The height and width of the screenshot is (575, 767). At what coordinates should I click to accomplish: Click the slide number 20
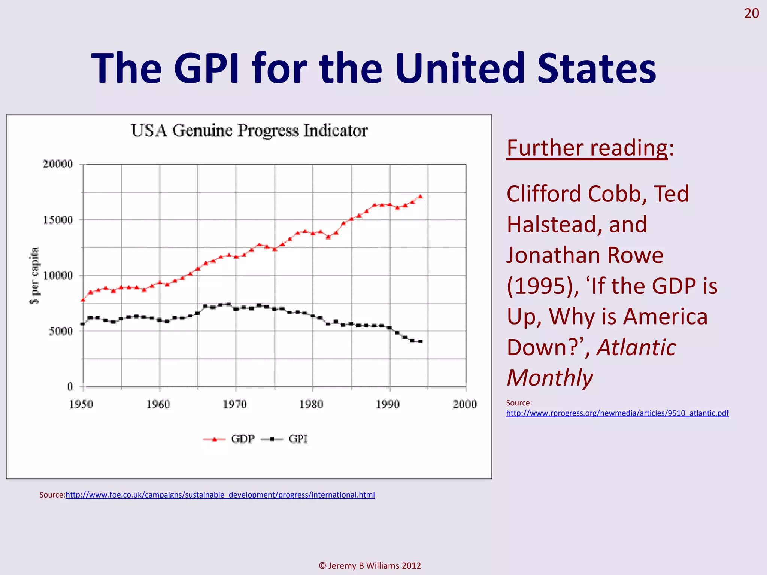coord(751,13)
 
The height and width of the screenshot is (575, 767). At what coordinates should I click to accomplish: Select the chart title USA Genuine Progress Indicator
coord(249,131)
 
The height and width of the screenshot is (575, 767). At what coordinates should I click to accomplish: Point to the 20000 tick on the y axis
coord(58,164)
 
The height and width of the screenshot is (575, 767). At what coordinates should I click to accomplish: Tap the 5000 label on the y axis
coord(61,331)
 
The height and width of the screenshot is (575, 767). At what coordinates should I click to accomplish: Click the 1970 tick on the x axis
coord(235,404)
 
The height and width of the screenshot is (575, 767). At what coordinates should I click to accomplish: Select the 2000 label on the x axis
coord(464,404)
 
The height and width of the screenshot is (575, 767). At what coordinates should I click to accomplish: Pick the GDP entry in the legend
coord(242,439)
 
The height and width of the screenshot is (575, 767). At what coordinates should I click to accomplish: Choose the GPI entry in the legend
coord(298,439)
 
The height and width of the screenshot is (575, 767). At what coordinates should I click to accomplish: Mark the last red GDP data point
coord(420,196)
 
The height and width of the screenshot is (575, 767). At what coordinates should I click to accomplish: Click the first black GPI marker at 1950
coord(83,324)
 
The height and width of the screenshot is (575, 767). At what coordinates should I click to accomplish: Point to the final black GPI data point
coord(420,341)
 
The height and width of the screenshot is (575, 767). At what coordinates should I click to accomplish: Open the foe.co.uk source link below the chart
coord(220,495)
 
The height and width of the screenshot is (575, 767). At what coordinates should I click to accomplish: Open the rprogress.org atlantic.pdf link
coord(617,413)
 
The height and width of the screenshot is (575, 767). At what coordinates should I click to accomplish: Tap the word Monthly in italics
coord(549,378)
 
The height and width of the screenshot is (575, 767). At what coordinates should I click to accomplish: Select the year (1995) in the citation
coord(542,286)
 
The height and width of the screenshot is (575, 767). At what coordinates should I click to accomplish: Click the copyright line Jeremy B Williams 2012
coord(370,566)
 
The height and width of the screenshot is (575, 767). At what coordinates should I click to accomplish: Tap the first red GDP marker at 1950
coord(83,300)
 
